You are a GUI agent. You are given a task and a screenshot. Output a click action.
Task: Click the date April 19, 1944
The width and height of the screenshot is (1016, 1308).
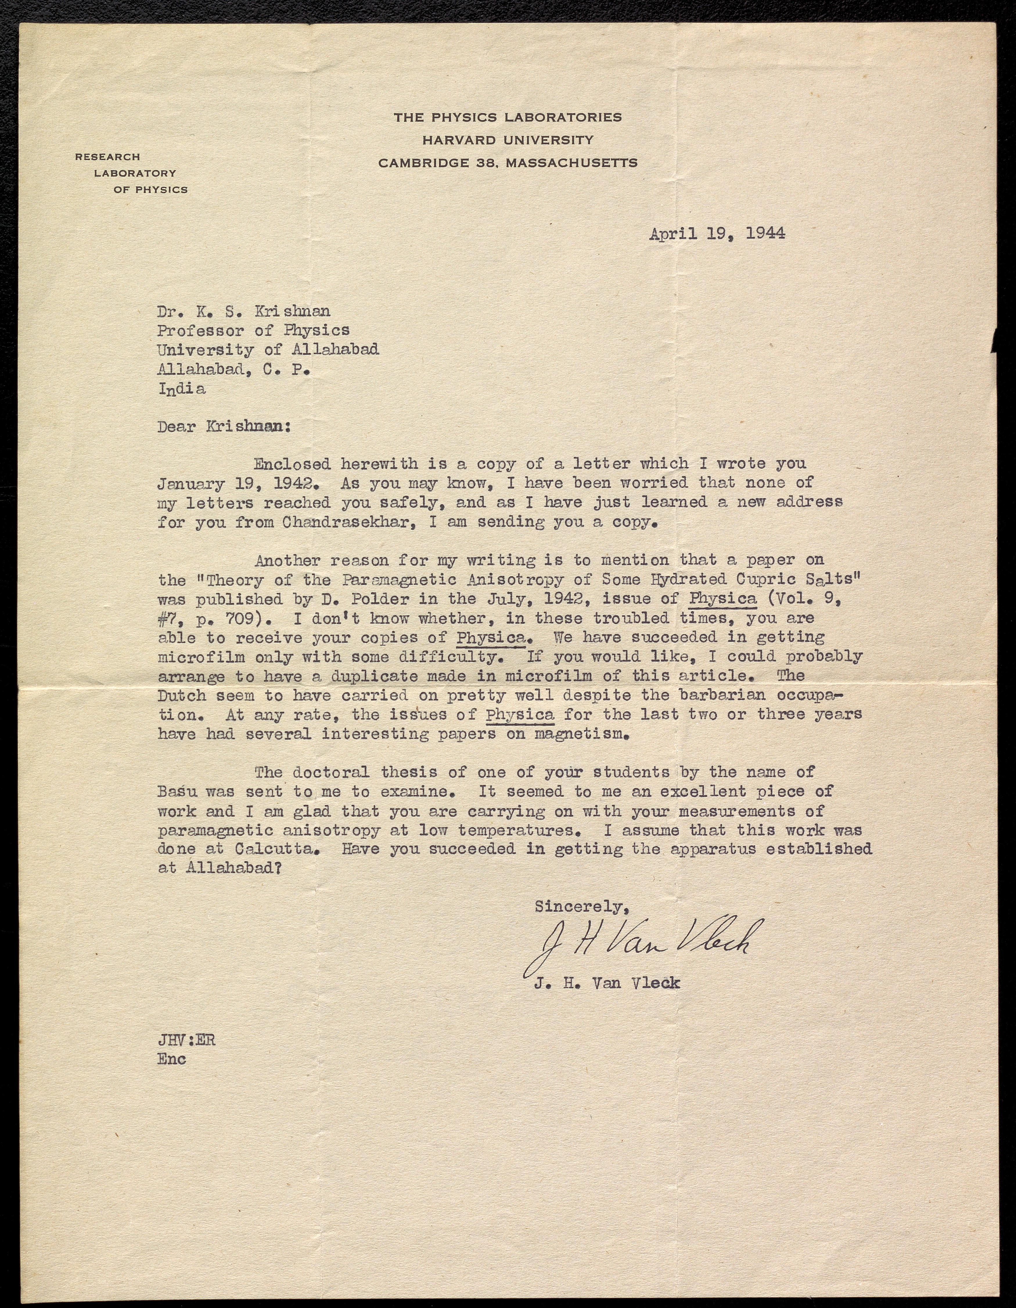717,234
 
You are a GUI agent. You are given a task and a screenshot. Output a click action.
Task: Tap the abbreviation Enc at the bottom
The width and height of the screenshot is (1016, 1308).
172,1059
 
